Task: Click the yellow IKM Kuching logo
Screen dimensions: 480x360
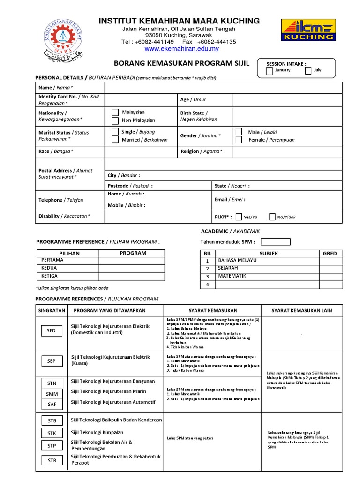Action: point(307,30)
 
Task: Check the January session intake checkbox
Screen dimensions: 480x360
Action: point(269,71)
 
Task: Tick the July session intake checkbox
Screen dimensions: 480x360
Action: point(308,71)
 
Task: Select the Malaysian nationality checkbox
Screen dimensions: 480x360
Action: point(115,112)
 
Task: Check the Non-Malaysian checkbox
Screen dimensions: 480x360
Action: point(115,120)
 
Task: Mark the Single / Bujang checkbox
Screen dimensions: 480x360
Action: point(115,132)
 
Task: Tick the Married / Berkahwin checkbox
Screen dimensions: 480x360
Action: point(115,140)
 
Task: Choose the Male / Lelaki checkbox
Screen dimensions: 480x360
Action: point(239,132)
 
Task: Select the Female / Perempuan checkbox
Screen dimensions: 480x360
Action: point(239,140)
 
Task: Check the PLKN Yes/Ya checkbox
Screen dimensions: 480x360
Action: point(239,217)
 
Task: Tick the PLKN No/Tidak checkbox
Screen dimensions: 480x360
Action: point(272,217)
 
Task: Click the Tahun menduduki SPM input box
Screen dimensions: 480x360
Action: point(275,242)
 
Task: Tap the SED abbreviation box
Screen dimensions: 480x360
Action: point(51,330)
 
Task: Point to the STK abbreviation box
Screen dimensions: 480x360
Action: point(52,433)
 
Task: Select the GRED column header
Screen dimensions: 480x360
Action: point(330,253)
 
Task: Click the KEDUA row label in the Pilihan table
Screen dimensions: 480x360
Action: point(68,268)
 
